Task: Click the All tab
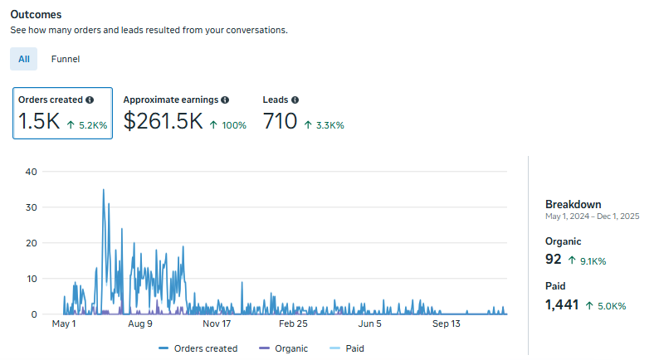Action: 23,59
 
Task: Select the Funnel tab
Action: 66,59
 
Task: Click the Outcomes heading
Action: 36,15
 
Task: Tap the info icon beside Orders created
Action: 90,100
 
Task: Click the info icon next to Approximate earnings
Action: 225,100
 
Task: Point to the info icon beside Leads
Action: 295,100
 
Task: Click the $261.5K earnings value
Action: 163,121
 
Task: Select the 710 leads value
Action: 280,121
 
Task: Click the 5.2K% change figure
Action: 93,125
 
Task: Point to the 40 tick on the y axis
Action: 31,172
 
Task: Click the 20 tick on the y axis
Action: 31,243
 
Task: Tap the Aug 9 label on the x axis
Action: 140,324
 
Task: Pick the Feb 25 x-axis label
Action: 293,324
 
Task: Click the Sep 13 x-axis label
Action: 446,324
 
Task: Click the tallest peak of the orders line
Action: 104,189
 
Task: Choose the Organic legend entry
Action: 283,348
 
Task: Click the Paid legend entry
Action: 347,348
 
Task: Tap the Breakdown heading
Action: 574,205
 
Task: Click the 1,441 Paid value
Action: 562,304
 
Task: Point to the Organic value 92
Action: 553,259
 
